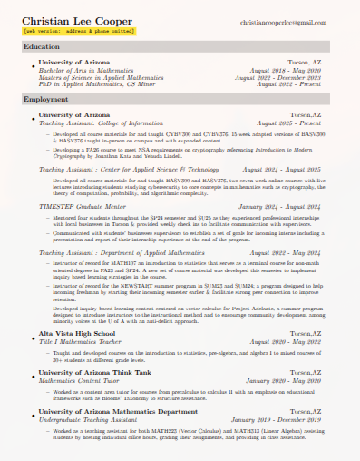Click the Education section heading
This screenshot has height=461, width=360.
point(42,45)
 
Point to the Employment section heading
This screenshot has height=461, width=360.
point(46,99)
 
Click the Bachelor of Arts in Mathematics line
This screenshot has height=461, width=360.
point(85,69)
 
